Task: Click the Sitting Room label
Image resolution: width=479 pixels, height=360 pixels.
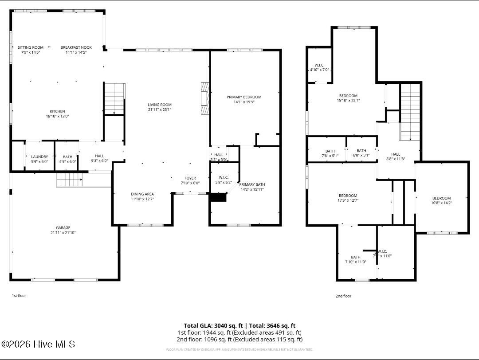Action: click(31, 47)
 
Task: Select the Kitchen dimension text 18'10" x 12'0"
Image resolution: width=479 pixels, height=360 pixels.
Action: click(57, 116)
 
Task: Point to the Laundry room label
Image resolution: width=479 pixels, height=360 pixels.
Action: click(39, 157)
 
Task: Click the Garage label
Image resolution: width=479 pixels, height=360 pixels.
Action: click(63, 228)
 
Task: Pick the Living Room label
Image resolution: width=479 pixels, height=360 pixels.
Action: click(160, 105)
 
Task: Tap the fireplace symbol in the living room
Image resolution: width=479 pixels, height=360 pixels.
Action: click(204, 98)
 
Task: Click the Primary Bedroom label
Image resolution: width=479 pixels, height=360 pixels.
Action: click(244, 97)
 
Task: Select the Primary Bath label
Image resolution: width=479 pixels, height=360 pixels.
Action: click(252, 184)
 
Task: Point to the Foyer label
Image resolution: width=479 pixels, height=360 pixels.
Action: click(190, 178)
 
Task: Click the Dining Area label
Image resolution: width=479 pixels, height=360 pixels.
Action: click(142, 194)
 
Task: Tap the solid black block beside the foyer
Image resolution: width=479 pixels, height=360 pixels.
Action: click(218, 198)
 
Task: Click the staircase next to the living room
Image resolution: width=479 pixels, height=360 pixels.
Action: click(114, 98)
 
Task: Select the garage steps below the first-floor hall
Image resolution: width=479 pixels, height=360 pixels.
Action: click(69, 180)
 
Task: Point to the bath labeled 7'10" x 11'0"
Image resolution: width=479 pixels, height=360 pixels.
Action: click(356, 257)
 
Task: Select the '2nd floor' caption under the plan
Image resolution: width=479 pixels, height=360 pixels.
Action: click(343, 296)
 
